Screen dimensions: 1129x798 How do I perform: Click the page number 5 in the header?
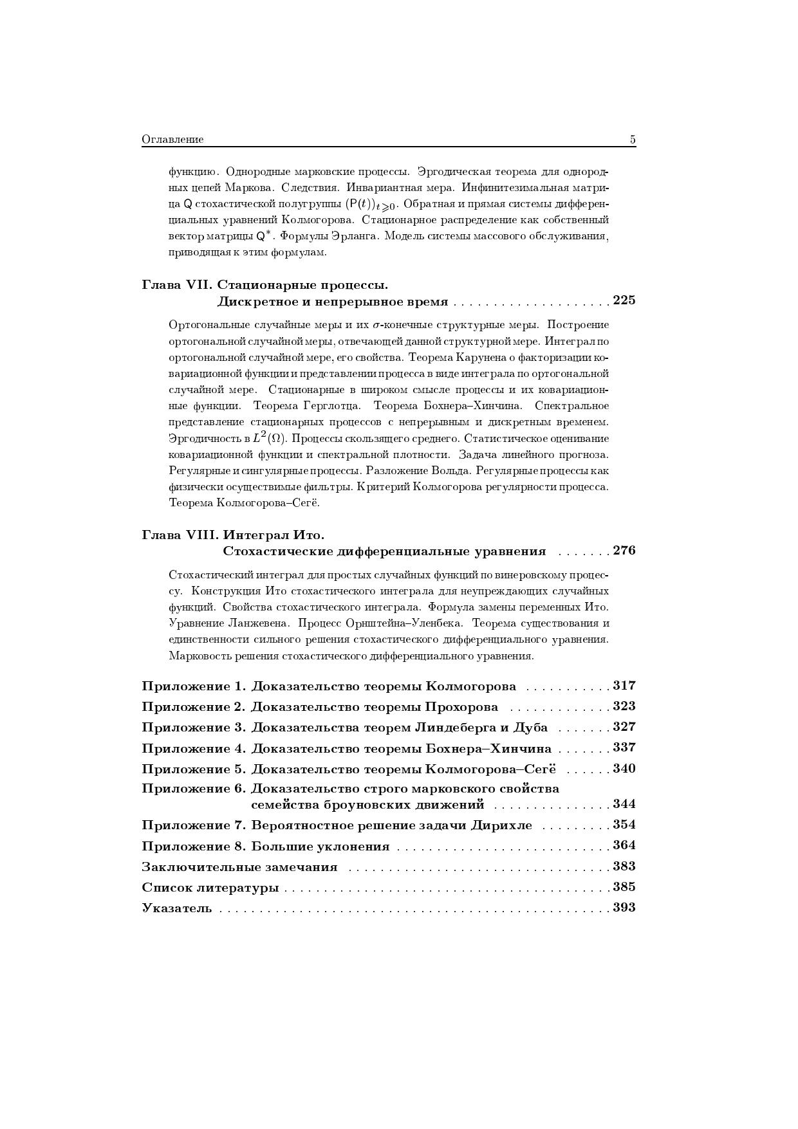pyautogui.click(x=633, y=140)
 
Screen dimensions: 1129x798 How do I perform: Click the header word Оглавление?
pyautogui.click(x=172, y=140)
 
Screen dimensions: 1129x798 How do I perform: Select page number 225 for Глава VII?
pyautogui.click(x=624, y=300)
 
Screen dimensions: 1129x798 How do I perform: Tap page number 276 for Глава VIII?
pyautogui.click(x=624, y=551)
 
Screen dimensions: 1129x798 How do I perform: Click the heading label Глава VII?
pyautogui.click(x=177, y=284)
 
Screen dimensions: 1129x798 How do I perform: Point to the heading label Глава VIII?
pyautogui.click(x=181, y=535)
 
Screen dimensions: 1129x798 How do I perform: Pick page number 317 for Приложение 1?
pyautogui.click(x=624, y=686)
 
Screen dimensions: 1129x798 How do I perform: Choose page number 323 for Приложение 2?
pyautogui.click(x=624, y=706)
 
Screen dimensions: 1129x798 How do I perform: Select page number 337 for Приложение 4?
pyautogui.click(x=624, y=748)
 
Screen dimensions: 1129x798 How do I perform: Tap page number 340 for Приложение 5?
pyautogui.click(x=624, y=769)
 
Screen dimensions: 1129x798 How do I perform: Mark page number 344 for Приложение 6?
pyautogui.click(x=624, y=804)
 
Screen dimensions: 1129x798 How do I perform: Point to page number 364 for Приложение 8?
pyautogui.click(x=624, y=845)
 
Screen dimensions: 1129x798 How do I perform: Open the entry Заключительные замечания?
pyautogui.click(x=239, y=867)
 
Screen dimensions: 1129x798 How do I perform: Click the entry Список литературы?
pyautogui.click(x=210, y=888)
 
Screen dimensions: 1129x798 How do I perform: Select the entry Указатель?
pyautogui.click(x=176, y=908)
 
